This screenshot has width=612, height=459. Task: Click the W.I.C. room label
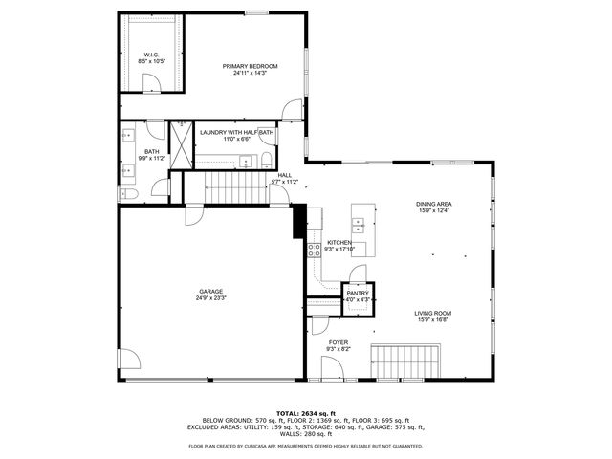pos(151,55)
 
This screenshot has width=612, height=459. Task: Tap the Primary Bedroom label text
pos(250,66)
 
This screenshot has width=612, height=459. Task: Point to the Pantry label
pos(358,294)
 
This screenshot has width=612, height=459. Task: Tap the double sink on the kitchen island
pos(359,226)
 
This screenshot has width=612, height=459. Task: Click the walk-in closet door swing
pos(153,83)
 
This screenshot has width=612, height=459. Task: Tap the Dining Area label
pos(433,204)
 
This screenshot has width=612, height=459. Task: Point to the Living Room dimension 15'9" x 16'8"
pos(432,320)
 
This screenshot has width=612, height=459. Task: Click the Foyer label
pos(339,341)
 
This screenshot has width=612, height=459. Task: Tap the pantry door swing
pos(356,274)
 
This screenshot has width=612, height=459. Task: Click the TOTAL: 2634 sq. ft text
pos(305,412)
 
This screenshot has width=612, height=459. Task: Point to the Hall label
pos(285,175)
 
